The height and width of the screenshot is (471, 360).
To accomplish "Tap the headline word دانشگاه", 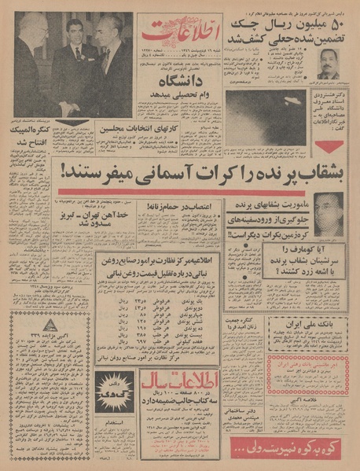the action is coord(174,98).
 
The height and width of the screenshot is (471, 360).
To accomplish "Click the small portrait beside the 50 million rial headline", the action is coord(329,63).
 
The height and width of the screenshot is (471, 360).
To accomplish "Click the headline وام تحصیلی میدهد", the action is coord(175,111).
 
